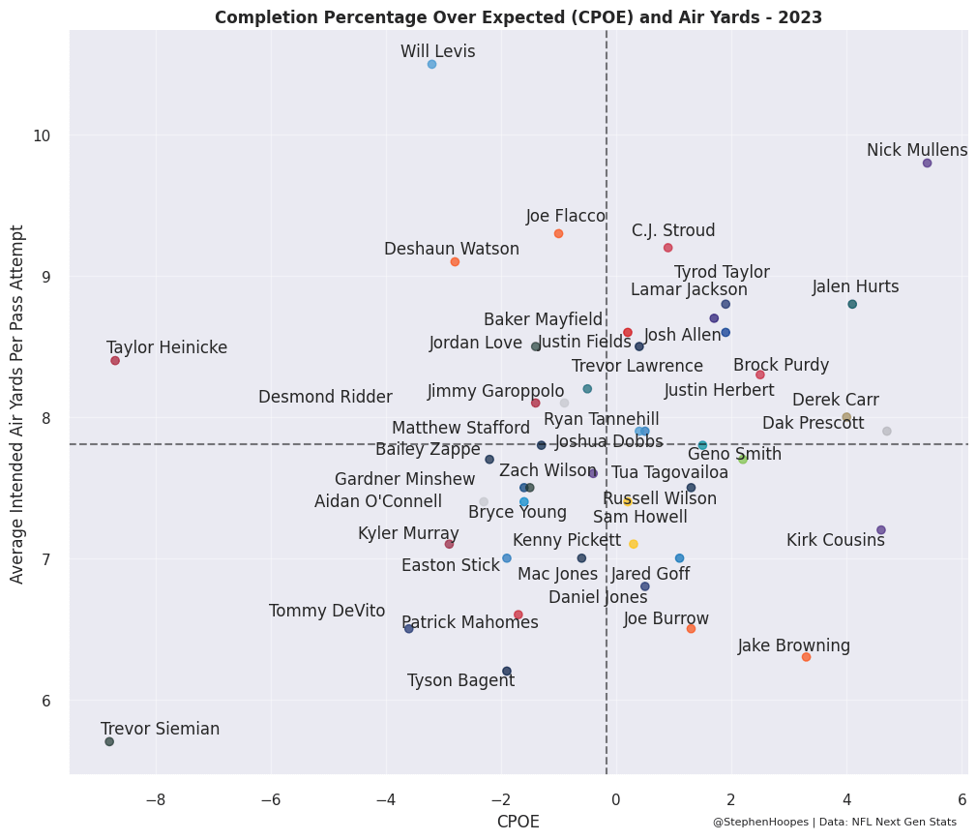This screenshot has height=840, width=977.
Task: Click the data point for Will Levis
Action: tap(431, 64)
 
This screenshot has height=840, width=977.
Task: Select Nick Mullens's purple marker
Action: tap(927, 163)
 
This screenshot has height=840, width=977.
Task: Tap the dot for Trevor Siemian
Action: tap(109, 741)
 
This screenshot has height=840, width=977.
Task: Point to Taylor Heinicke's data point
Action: tap(115, 360)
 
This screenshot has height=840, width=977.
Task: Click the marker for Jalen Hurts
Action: tap(852, 304)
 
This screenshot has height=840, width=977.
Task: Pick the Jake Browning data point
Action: tap(806, 657)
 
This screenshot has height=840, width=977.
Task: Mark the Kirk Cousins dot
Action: tap(881, 529)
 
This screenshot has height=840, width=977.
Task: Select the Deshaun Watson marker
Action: tap(455, 261)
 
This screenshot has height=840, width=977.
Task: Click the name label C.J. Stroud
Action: tap(673, 230)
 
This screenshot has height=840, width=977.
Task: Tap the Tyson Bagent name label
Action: tap(460, 680)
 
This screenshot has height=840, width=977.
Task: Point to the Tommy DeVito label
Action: tap(327, 611)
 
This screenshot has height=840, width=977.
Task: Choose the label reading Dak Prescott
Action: tap(814, 423)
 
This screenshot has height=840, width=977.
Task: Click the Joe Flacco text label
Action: tap(566, 216)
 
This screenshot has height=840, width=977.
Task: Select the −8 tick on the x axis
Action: tap(155, 800)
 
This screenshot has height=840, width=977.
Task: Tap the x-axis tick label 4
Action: tap(846, 800)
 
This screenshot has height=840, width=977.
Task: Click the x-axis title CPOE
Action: tap(518, 822)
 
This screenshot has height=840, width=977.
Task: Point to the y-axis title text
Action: tap(17, 404)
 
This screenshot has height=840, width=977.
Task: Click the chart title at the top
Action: tap(518, 17)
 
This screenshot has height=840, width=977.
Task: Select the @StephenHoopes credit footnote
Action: tap(834, 822)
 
